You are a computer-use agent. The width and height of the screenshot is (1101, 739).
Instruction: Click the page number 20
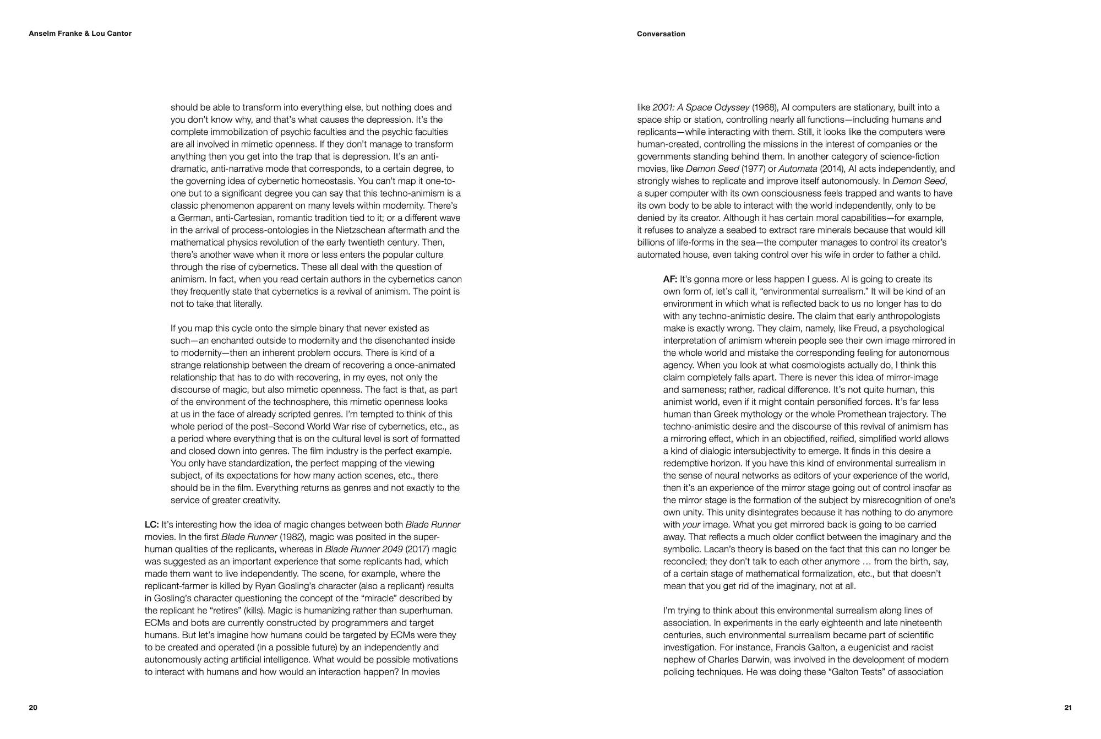pos(33,708)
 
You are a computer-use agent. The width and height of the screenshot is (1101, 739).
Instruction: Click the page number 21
pos(1067,708)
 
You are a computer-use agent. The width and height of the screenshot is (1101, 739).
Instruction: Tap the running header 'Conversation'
pos(661,34)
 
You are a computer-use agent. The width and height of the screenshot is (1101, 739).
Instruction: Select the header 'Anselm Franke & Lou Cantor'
pos(80,34)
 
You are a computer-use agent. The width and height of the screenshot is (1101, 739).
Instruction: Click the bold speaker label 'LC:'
pos(151,525)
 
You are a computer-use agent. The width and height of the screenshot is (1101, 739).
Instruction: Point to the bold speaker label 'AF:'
pos(670,279)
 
